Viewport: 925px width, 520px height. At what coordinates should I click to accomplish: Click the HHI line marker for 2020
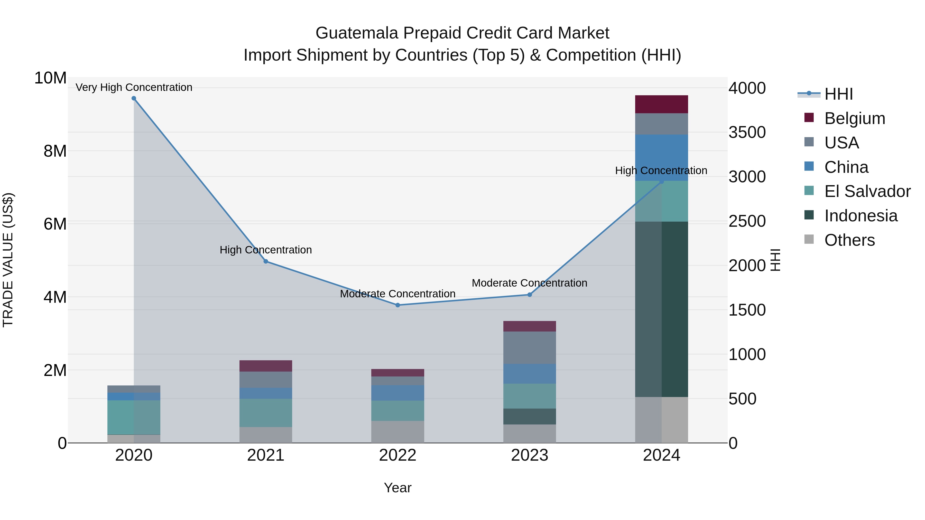click(134, 98)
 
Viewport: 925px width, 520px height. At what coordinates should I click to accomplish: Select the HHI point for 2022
click(397, 305)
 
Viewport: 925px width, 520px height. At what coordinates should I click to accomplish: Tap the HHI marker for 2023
click(529, 295)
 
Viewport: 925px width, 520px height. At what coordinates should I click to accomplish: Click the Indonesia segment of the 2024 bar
click(661, 309)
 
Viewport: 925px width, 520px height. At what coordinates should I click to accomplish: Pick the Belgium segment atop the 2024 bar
click(661, 104)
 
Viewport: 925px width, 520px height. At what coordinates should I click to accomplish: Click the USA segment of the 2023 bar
click(529, 347)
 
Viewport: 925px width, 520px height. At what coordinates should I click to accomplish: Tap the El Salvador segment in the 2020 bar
click(134, 417)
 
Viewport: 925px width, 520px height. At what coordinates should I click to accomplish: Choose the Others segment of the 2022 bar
click(397, 432)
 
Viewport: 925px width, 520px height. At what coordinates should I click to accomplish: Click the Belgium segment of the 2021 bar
click(266, 366)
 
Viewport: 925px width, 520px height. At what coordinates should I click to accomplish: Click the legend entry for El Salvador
click(867, 191)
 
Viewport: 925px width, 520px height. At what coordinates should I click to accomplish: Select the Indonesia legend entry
click(861, 216)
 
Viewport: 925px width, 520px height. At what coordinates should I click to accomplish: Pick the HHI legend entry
click(838, 94)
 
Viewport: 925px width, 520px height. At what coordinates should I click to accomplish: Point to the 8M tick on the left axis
click(55, 151)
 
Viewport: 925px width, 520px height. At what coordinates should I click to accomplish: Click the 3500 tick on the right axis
click(747, 132)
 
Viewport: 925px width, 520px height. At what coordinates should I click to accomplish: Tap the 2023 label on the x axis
click(529, 455)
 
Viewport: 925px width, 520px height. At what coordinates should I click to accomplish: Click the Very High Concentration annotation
click(134, 87)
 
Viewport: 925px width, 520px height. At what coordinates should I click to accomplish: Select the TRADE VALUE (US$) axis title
click(8, 260)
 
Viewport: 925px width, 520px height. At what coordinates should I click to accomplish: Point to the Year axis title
click(397, 488)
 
